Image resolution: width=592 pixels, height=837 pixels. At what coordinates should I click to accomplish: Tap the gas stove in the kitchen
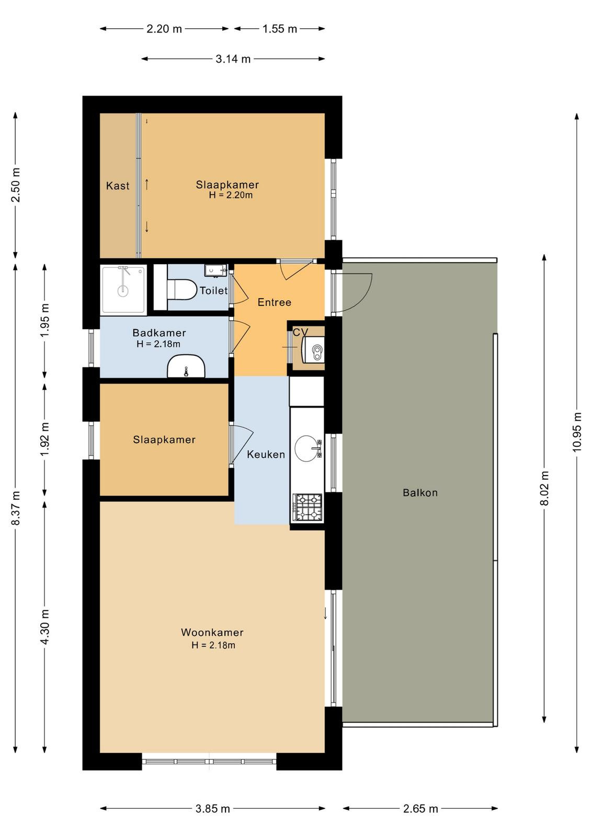pyautogui.click(x=308, y=507)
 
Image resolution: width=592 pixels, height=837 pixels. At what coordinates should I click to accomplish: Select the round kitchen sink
pyautogui.click(x=307, y=448)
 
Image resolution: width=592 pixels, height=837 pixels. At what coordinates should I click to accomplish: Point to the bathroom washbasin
pyautogui.click(x=186, y=366)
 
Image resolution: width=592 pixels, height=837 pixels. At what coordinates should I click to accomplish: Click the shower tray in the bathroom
pyautogui.click(x=123, y=289)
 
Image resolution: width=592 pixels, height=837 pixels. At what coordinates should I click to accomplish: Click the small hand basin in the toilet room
pyautogui.click(x=215, y=270)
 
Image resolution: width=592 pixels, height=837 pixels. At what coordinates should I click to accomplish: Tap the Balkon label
pyautogui.click(x=420, y=492)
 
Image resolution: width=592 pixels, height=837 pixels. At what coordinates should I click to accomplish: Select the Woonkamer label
pyautogui.click(x=212, y=632)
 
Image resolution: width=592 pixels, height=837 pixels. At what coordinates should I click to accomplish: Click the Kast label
pyautogui.click(x=118, y=186)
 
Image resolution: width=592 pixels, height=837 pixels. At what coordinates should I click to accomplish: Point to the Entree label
pyautogui.click(x=274, y=302)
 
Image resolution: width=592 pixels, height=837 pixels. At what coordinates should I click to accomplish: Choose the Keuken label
pyautogui.click(x=266, y=455)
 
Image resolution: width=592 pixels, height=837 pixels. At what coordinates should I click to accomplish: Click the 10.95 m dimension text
pyautogui.click(x=577, y=432)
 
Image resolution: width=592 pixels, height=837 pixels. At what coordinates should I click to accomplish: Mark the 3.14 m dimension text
pyautogui.click(x=233, y=59)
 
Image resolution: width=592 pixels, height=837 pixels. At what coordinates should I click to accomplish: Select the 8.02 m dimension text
pyautogui.click(x=544, y=488)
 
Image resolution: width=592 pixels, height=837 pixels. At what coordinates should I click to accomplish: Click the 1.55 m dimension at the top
pyautogui.click(x=279, y=29)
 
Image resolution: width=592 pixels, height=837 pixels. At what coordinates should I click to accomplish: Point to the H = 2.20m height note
pyautogui.click(x=231, y=195)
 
